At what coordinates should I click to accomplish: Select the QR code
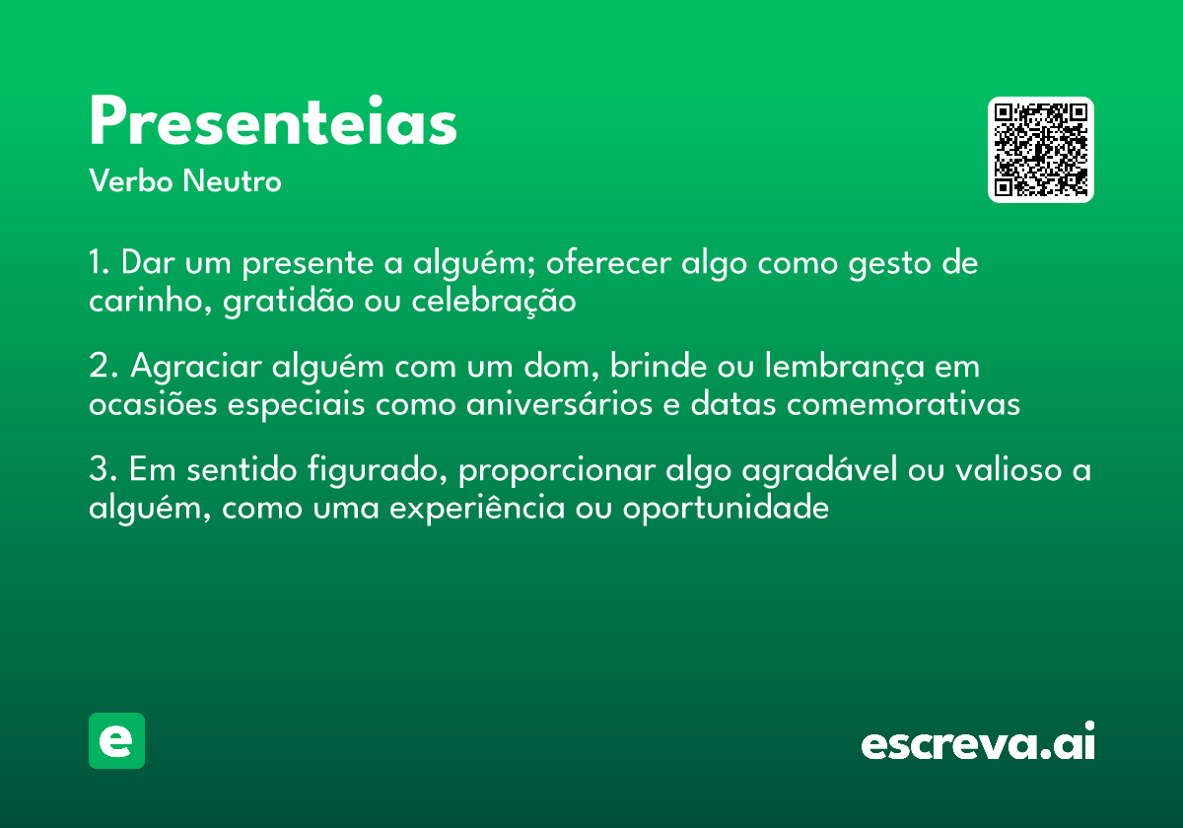point(1041,150)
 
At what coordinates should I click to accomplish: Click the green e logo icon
point(116,740)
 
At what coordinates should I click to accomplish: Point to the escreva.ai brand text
point(978,743)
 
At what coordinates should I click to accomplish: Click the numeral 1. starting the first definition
point(99,264)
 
